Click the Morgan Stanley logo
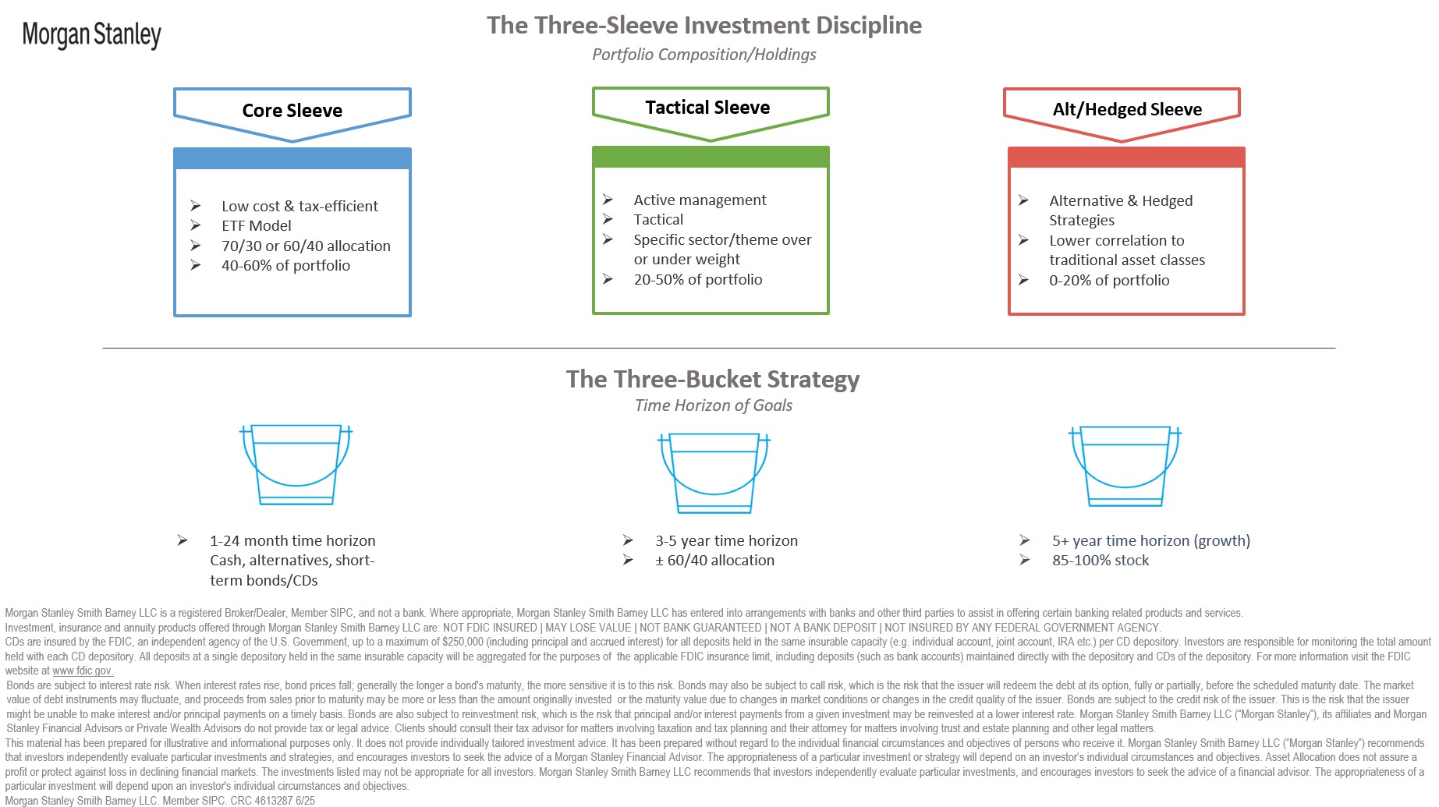click(91, 35)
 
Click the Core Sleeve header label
click(292, 111)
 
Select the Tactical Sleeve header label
click(707, 108)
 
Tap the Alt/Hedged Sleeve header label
click(1127, 109)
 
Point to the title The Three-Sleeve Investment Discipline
click(704, 25)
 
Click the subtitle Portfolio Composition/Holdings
click(704, 55)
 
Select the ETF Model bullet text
click(257, 226)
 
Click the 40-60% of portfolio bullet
click(285, 266)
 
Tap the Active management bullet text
click(700, 200)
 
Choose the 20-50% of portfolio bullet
click(698, 280)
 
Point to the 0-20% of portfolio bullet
click(1109, 281)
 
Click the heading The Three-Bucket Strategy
click(713, 380)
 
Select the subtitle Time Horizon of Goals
click(714, 405)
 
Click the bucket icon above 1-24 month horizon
click(296, 465)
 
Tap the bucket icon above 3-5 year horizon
click(714, 473)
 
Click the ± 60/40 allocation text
click(714, 561)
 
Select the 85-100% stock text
click(1101, 561)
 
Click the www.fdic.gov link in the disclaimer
click(83, 671)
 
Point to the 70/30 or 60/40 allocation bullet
click(306, 246)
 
